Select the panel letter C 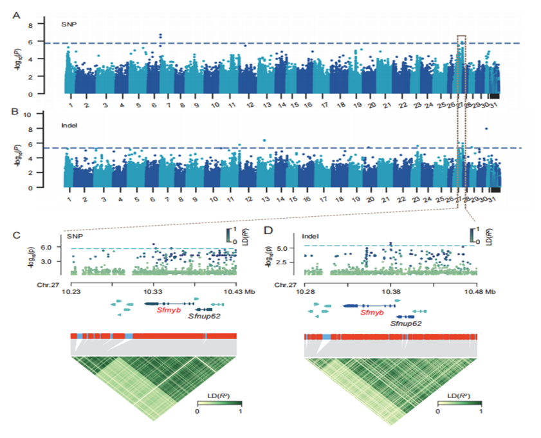(19, 233)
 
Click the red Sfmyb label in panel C (158, 310)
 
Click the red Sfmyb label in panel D (371, 313)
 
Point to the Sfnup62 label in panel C (205, 316)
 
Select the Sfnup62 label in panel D (406, 324)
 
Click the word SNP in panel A (68, 25)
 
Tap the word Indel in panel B (70, 126)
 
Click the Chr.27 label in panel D (284, 283)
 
